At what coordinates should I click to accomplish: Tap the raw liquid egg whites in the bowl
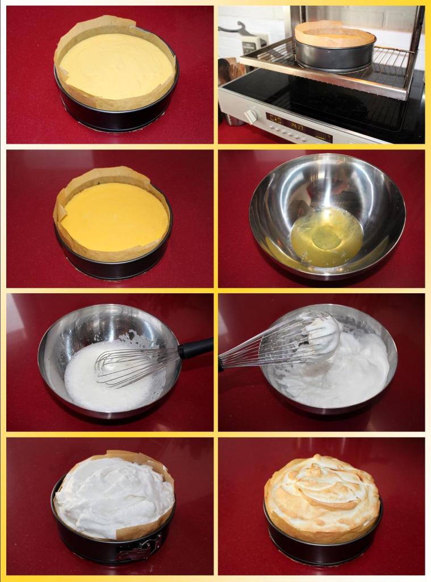tap(327, 236)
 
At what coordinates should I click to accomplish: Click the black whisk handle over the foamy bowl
tap(196, 347)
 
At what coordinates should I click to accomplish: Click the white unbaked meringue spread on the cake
tap(114, 494)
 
